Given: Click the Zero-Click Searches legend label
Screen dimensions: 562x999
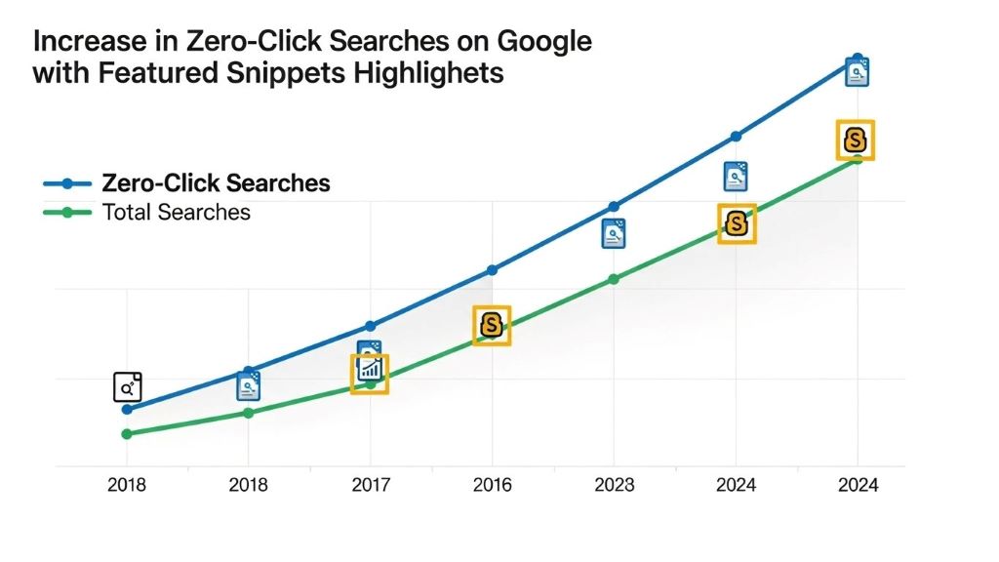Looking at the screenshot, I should click(216, 182).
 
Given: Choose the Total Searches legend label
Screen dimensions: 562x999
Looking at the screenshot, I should click(176, 212).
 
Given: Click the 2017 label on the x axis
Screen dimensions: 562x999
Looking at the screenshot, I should click(370, 485).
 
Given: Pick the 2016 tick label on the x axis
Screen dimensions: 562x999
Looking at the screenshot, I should click(492, 485).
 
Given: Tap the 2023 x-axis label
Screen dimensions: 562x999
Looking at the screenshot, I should click(614, 485).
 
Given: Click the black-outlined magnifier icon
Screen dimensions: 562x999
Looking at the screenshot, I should click(128, 387).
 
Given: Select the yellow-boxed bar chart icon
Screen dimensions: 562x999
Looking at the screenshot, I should click(370, 373).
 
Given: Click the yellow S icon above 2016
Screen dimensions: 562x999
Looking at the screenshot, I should click(492, 325).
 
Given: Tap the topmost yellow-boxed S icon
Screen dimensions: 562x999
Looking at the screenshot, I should click(856, 140).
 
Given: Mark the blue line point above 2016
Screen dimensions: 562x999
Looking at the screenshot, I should click(492, 269).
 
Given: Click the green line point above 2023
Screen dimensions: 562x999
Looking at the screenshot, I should click(614, 279).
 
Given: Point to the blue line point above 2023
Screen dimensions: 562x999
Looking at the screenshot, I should click(614, 207).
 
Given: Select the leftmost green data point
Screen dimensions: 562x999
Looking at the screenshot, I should click(127, 433).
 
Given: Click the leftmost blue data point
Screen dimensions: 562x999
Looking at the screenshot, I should click(127, 409).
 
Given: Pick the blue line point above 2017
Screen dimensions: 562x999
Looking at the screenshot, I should click(370, 326).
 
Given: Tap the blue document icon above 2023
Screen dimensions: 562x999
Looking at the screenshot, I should click(614, 233).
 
